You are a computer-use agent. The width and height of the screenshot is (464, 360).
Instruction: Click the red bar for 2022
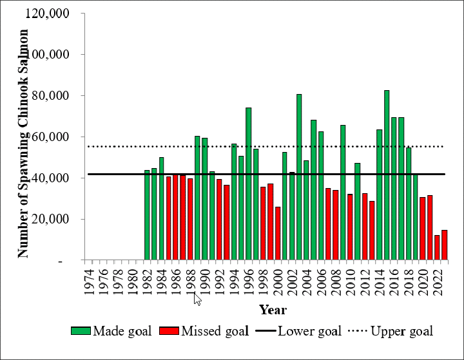point(437,248)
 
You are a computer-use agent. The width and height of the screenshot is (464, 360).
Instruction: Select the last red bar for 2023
point(444,245)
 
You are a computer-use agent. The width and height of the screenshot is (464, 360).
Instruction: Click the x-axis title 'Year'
point(272,310)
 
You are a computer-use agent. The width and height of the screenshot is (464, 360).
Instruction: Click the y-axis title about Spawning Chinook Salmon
point(23,143)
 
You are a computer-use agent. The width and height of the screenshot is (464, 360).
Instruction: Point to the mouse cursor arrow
point(197,298)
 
